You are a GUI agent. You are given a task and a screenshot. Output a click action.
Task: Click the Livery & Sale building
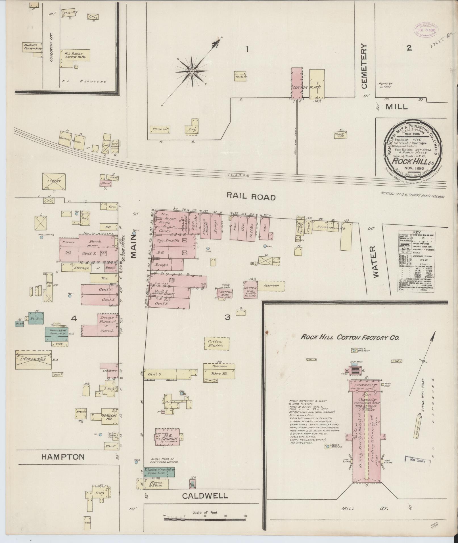point(34,359)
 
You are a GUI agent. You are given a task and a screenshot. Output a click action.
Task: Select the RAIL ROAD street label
point(251,197)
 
